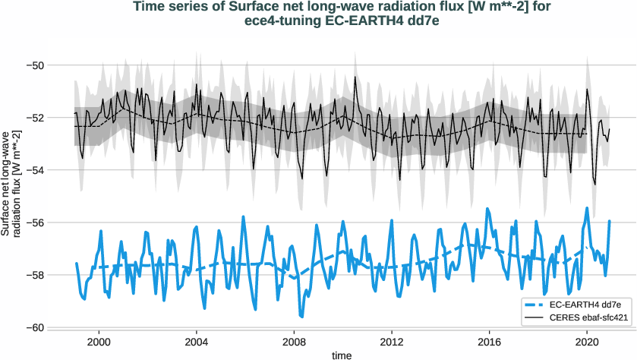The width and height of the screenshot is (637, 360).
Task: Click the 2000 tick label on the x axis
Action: click(x=99, y=342)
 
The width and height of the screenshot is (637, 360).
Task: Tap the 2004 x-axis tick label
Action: click(x=197, y=342)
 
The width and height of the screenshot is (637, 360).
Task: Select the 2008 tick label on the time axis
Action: click(x=295, y=342)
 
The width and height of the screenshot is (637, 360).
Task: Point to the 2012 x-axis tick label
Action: click(x=392, y=342)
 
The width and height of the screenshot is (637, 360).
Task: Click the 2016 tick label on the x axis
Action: click(x=490, y=342)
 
